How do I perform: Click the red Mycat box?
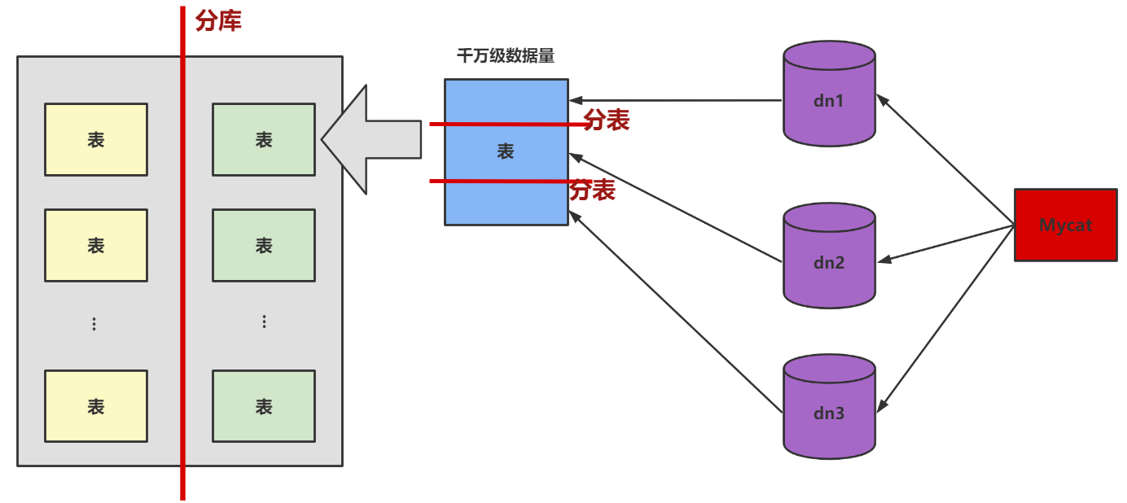[x=1065, y=225]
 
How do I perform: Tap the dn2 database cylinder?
[x=829, y=256]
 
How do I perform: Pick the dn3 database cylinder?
[x=829, y=407]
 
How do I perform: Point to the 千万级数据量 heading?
[x=506, y=56]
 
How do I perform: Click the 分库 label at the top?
[x=218, y=20]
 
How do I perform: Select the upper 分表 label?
[x=607, y=120]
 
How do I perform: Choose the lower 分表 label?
[x=592, y=190]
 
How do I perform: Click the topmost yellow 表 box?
[x=96, y=139]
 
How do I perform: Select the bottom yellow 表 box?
[x=96, y=406]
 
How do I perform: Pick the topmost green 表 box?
[x=264, y=139]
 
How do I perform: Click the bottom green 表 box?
[x=264, y=406]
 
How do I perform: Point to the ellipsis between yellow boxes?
[x=94, y=324]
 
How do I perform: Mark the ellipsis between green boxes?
[x=264, y=321]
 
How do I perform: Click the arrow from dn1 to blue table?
[x=676, y=101]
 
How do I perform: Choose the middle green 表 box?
[x=264, y=245]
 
